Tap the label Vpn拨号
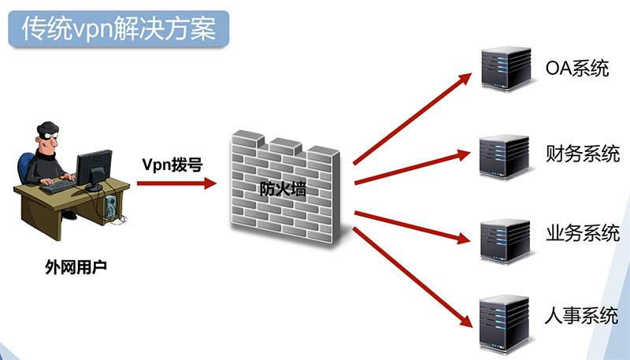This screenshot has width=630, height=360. [x=172, y=165]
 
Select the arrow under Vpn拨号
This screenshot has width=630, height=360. [x=176, y=184]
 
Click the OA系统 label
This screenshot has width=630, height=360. [x=577, y=69]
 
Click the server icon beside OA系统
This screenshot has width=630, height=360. [x=503, y=69]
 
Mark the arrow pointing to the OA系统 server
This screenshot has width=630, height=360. [x=409, y=117]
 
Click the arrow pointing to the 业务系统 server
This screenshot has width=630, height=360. [x=409, y=224]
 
